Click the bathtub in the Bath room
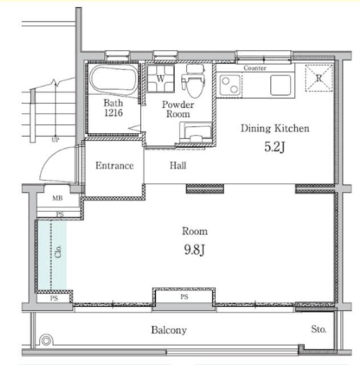point(114,80)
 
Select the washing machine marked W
point(161,79)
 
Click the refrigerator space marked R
point(318,78)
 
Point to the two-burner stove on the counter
point(230,85)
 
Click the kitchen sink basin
point(280,85)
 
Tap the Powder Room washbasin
point(196,132)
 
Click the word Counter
point(255,68)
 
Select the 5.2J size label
point(274,147)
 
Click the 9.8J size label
point(195,250)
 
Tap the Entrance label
point(115,165)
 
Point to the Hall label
point(178,165)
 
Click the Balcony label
point(169,330)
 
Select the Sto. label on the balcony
point(319,329)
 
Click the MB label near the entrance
point(58,198)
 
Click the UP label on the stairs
point(55,140)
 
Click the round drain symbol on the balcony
point(46,341)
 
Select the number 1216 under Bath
point(114,113)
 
